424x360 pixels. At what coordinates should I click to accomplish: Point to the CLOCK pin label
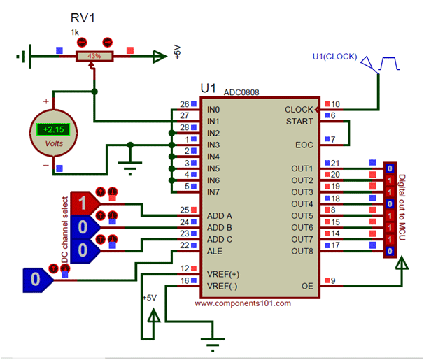299,110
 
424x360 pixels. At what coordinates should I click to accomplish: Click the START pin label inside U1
300,122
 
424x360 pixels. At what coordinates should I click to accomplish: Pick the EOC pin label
305,145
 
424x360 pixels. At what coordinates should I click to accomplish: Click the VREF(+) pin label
223,275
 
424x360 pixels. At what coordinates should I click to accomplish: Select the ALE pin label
215,251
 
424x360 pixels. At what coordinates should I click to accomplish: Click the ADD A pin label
220,216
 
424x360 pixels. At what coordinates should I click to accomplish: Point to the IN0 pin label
214,110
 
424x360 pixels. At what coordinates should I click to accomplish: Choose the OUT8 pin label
302,251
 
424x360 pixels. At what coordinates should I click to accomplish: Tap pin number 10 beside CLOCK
336,104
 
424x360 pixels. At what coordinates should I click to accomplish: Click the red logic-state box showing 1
83,204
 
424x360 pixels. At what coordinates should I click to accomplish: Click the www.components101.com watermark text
243,303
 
